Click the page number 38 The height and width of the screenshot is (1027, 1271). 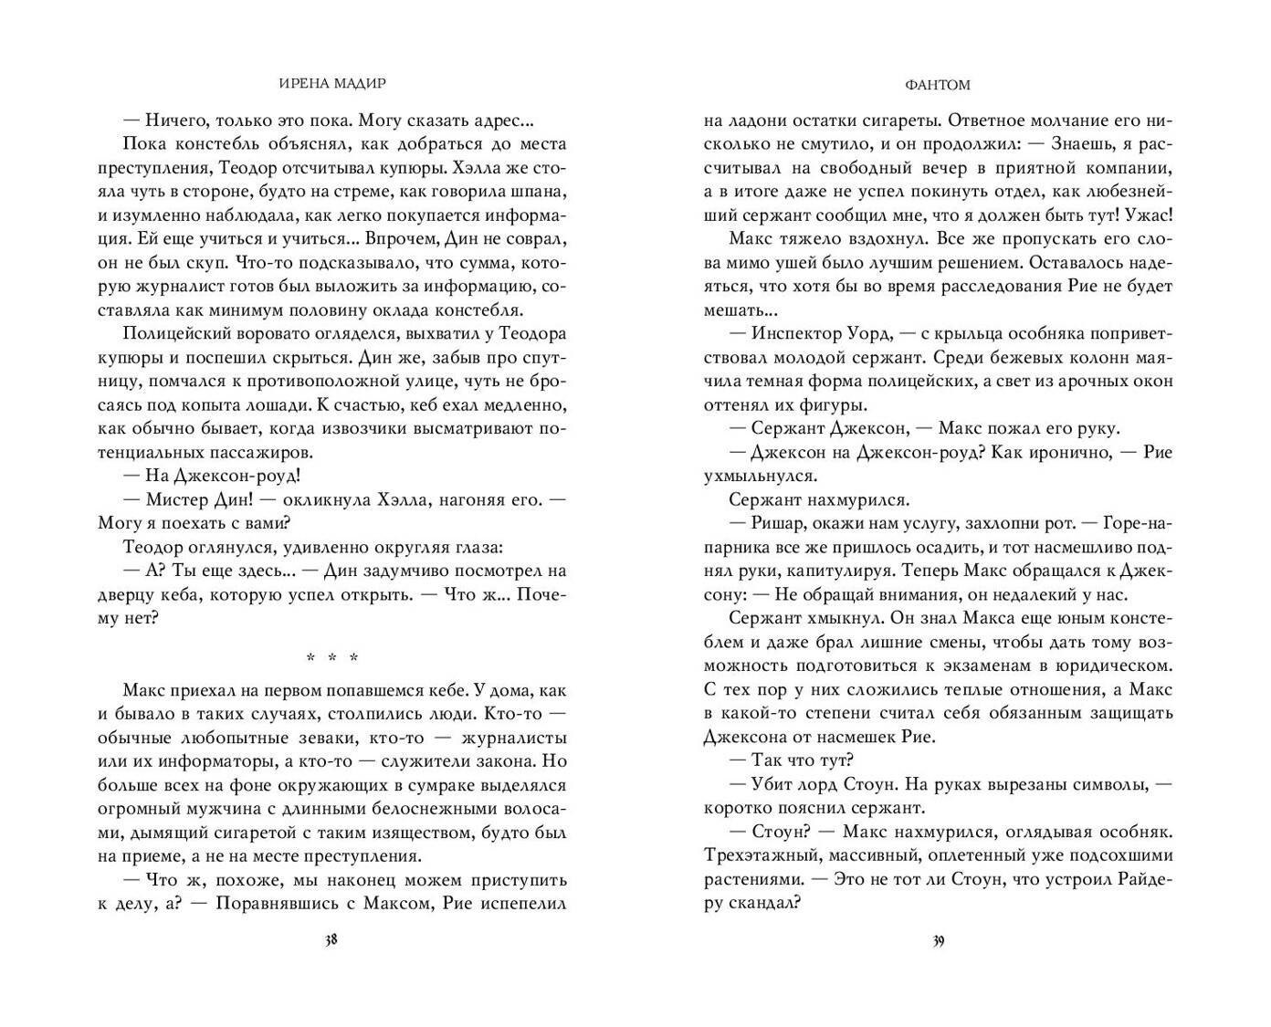coord(331,942)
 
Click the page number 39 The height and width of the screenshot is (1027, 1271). coord(938,942)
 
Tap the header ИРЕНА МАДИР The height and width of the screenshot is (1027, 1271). coord(331,84)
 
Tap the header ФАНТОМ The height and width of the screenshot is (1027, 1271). coord(939,84)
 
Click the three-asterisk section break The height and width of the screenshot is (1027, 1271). coord(332,657)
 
